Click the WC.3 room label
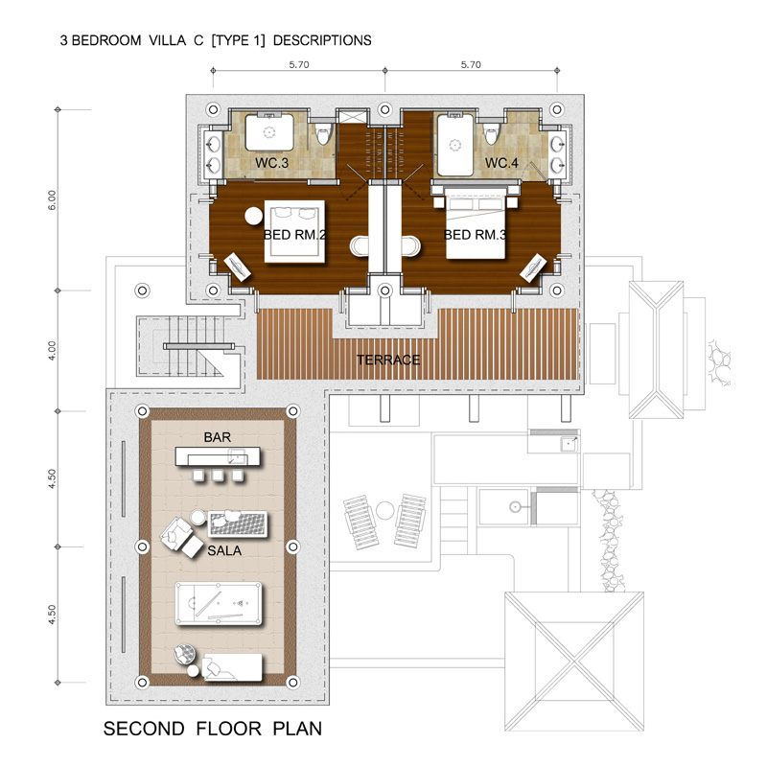point(271,163)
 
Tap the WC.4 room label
point(501,163)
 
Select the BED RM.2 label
point(294,235)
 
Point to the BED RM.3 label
point(475,235)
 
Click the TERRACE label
point(388,360)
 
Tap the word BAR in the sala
point(218,437)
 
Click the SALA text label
point(224,550)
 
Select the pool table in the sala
point(219,604)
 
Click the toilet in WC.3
point(322,133)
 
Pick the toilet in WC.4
point(491,133)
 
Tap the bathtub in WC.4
point(455,145)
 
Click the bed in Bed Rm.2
point(294,231)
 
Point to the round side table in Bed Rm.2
point(253,216)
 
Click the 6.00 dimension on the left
point(52,200)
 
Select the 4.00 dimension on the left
point(52,351)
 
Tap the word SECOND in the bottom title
point(144,729)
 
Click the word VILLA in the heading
point(167,40)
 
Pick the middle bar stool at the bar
point(218,475)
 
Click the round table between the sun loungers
point(385,511)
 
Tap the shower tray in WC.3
point(269,132)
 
